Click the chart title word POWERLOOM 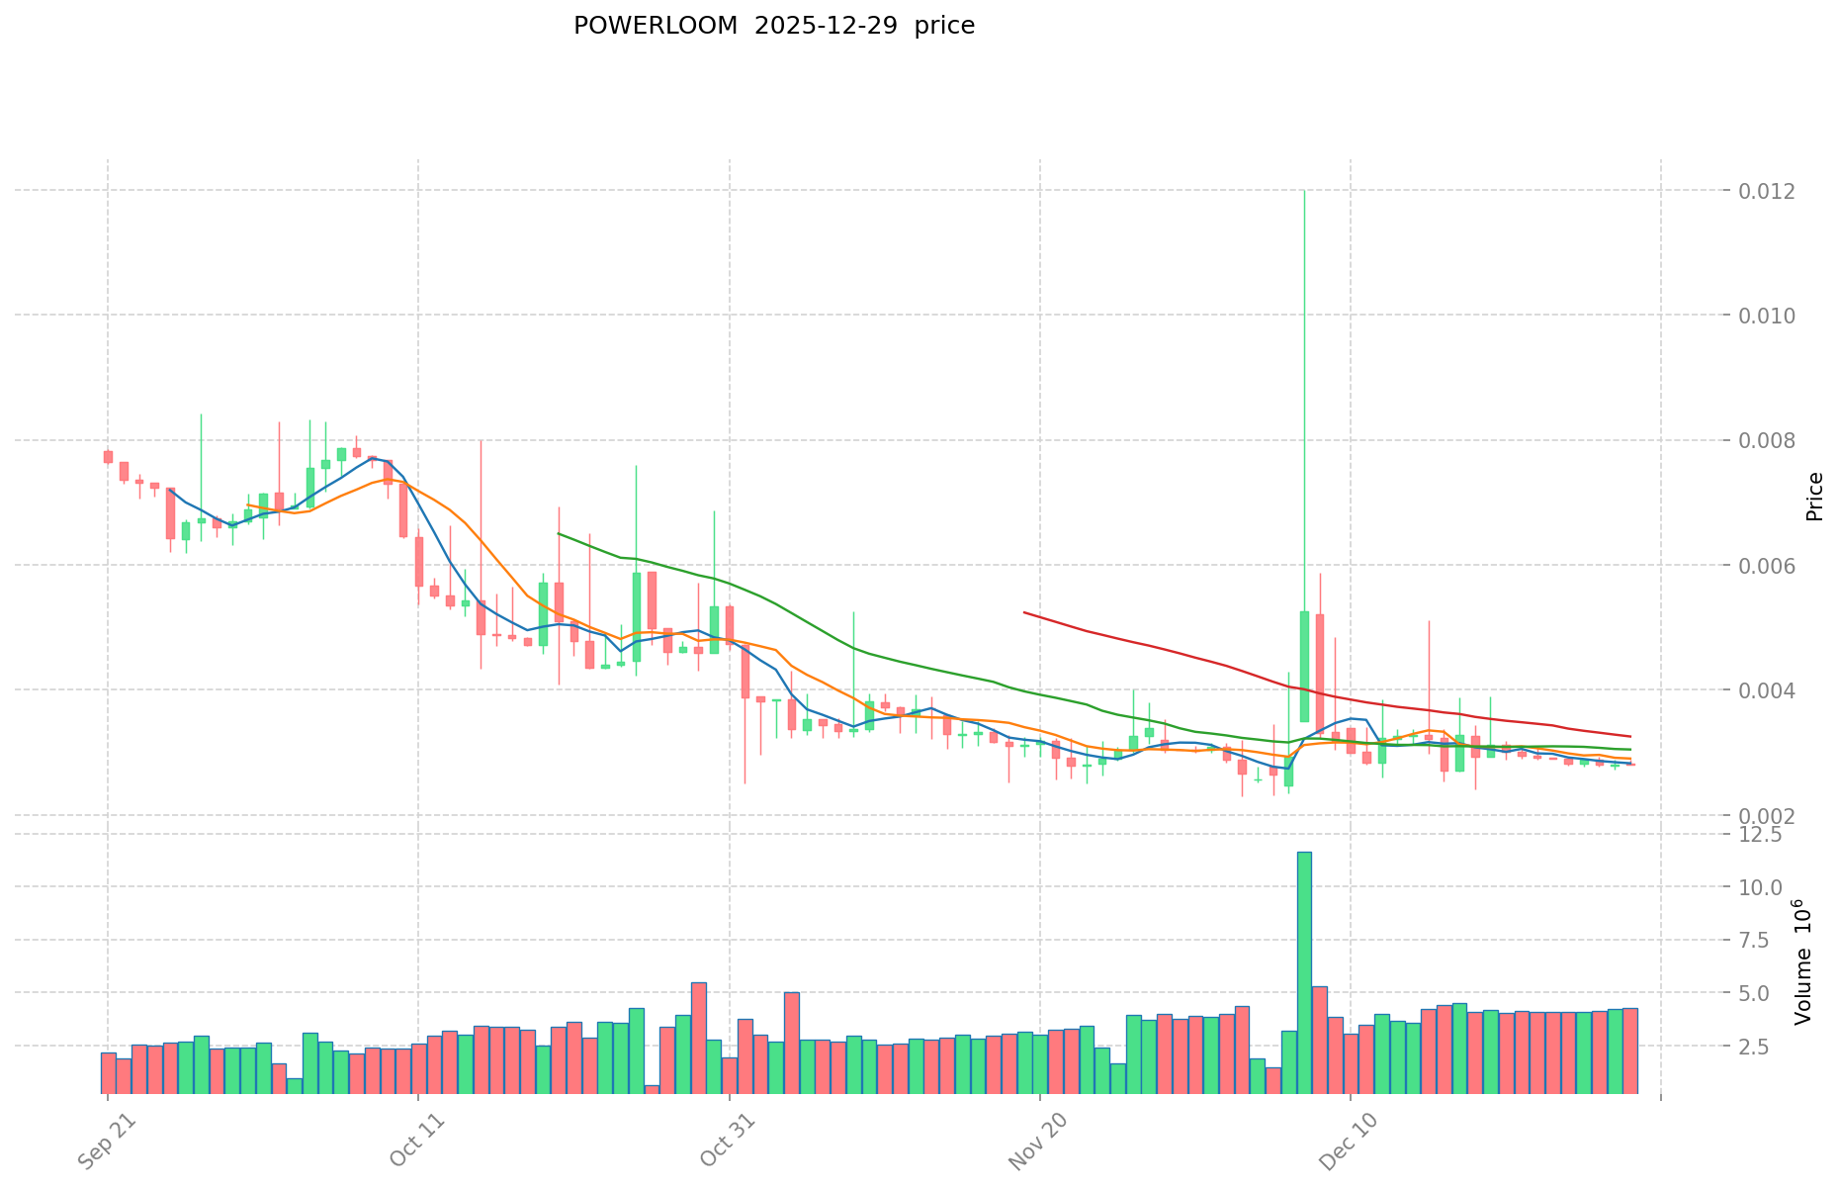pyautogui.click(x=656, y=27)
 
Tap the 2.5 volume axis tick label pyautogui.click(x=1767, y=1046)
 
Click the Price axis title pyautogui.click(x=1813, y=497)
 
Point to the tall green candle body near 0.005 pyautogui.click(x=1304, y=667)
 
